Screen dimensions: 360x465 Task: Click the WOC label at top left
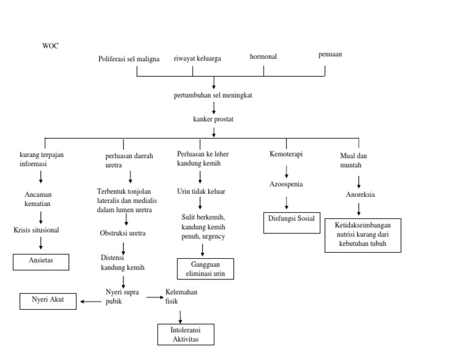pos(50,45)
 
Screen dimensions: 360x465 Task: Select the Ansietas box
pos(41,262)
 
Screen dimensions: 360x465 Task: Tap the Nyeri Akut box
pos(48,301)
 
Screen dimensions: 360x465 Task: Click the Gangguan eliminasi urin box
pos(205,269)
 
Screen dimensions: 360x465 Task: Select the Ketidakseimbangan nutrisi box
pos(363,235)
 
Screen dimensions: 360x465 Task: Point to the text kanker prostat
pos(214,119)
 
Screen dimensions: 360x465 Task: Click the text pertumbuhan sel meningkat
pos(214,96)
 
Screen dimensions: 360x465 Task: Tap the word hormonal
pos(263,56)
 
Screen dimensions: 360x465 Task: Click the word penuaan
pos(330,54)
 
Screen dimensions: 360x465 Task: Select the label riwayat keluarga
pos(197,58)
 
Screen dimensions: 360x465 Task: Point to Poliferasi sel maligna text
pos(129,59)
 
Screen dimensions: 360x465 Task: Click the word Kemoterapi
pos(286,154)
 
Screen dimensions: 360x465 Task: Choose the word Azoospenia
pos(286,184)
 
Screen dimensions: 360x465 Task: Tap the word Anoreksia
pos(360,195)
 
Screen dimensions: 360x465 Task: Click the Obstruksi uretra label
pos(123,233)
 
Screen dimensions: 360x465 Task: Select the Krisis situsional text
pos(37,230)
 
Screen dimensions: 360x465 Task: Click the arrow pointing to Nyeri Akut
pos(91,301)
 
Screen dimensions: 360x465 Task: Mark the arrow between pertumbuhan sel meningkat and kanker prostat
pos(214,107)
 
